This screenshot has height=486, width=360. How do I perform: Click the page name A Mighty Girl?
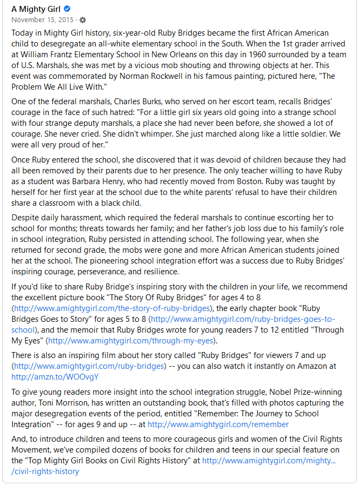[36, 9]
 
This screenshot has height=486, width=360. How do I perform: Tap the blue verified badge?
[67, 9]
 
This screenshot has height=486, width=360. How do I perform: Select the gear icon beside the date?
[83, 20]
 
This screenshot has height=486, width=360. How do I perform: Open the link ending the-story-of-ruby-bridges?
[112, 308]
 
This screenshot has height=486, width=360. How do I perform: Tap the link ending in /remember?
[218, 424]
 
